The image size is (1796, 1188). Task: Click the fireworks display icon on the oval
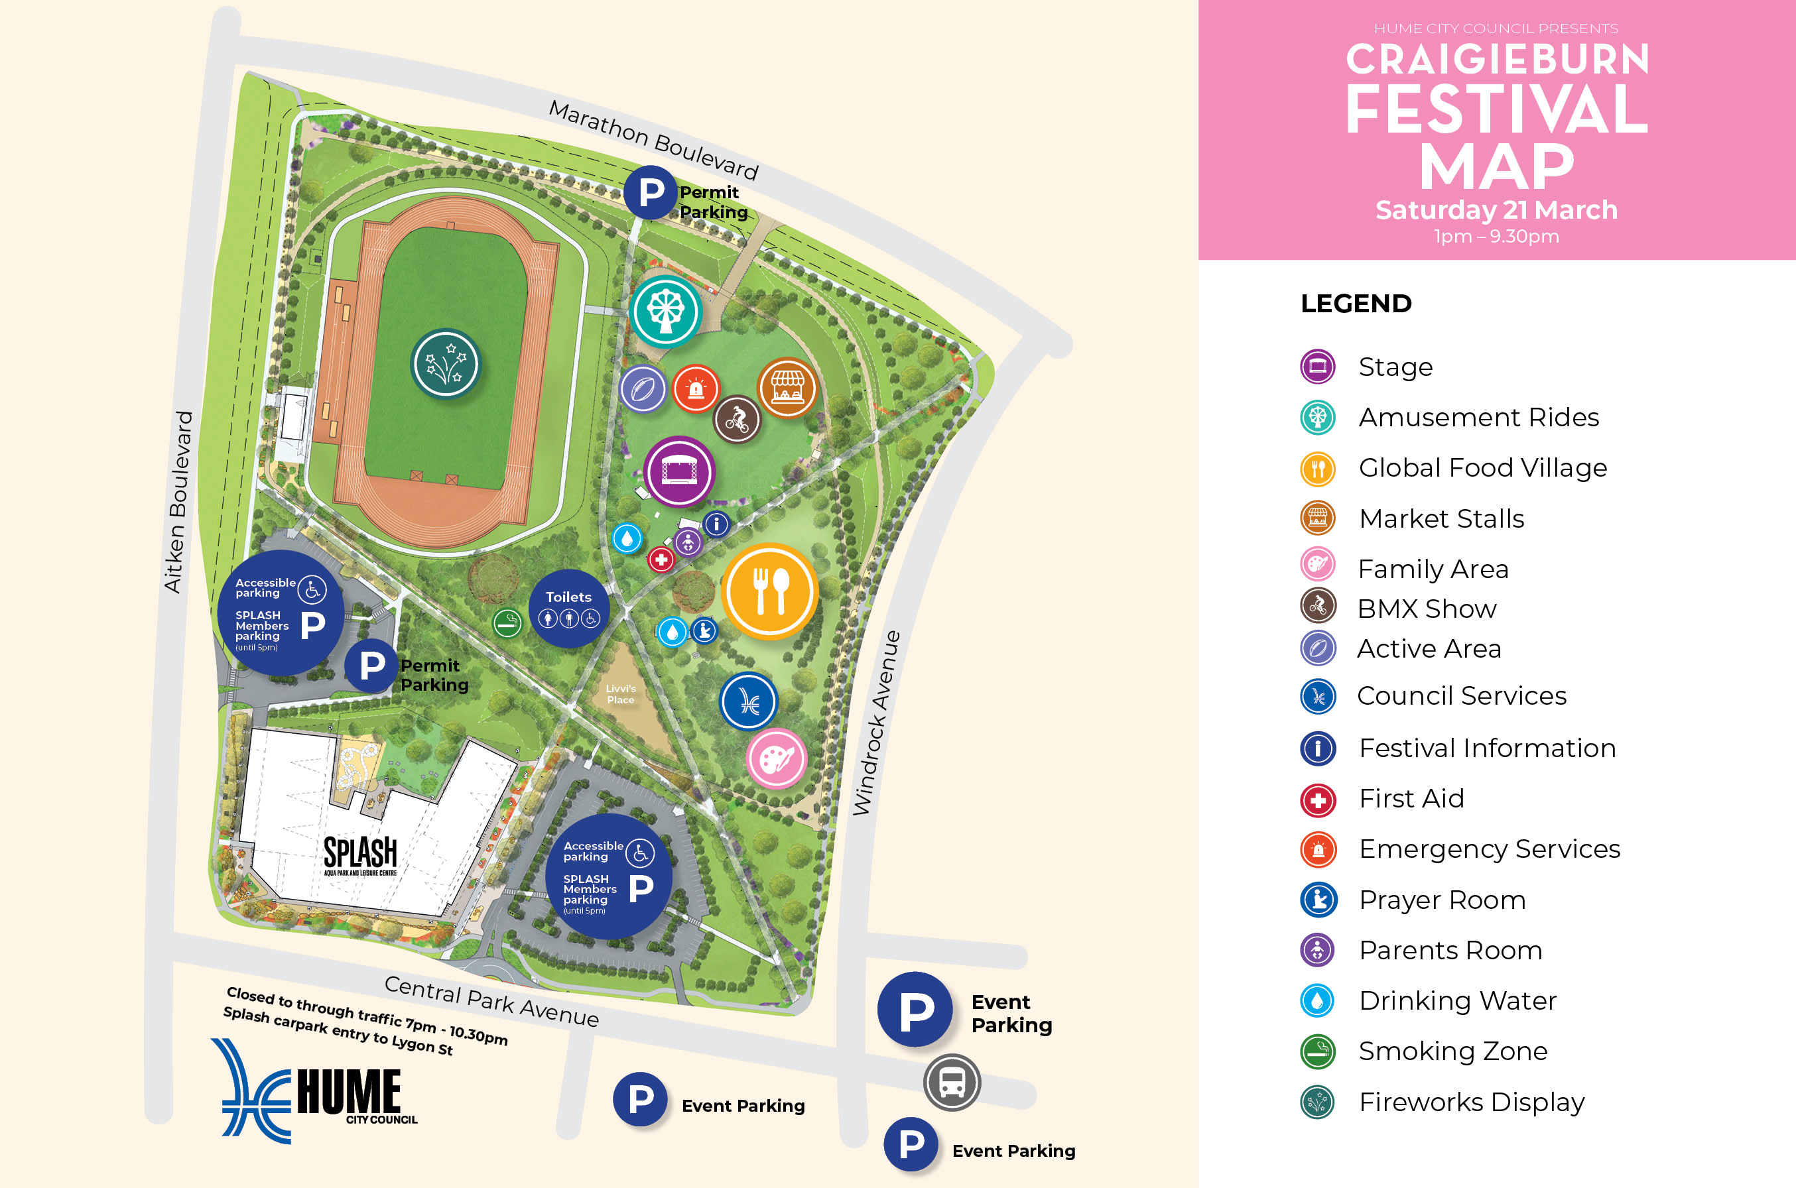pos(446,364)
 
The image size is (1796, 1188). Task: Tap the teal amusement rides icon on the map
pos(665,312)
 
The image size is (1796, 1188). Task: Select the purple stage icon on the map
pos(679,472)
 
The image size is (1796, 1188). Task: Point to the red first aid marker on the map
pos(661,560)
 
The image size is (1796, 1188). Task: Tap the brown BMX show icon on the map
pos(737,419)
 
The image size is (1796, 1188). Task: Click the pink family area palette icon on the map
pos(776,758)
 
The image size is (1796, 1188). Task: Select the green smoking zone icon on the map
pos(507,624)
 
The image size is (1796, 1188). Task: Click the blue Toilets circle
pos(568,609)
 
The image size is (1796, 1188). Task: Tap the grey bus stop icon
pos(952,1083)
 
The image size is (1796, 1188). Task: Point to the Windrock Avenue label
pos(877,723)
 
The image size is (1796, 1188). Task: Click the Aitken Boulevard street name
pos(179,502)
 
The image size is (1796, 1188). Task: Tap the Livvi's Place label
pos(621,694)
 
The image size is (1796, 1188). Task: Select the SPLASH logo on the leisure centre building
pos(360,855)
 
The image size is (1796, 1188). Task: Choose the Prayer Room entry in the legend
pos(1441,900)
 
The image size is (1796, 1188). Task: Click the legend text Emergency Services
pos(1489,849)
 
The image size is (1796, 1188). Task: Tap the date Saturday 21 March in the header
pos(1496,210)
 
